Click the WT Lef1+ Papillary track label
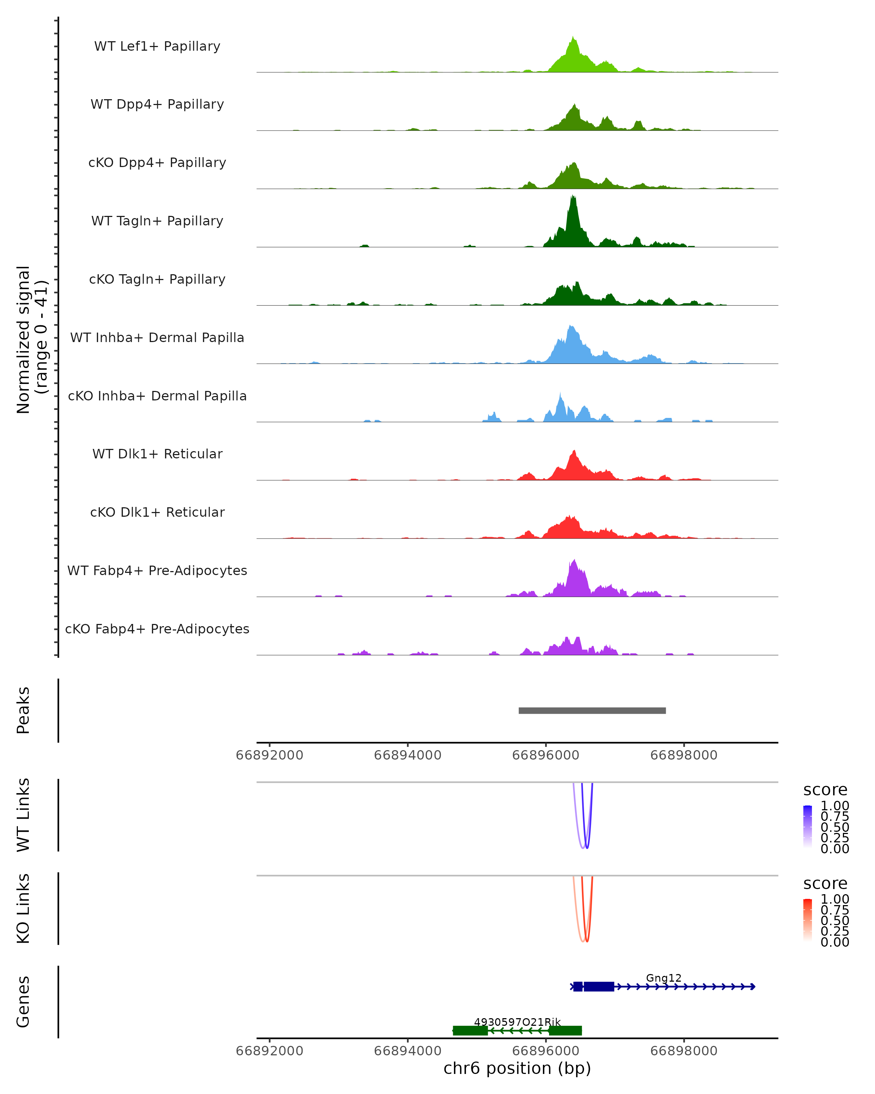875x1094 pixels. pos(157,46)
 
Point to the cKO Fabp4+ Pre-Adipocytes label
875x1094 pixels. pos(157,629)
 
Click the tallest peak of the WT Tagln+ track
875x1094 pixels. pos(573,197)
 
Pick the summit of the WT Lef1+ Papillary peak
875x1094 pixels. pos(573,38)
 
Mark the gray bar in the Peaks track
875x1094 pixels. pos(592,710)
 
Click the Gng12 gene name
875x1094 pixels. pos(664,978)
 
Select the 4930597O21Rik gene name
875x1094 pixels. pos(517,1022)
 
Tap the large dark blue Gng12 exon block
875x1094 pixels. pos(599,986)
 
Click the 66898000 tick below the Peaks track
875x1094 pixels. pos(684,755)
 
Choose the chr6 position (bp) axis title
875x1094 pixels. pos(517,1068)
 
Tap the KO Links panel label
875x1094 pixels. pos(23,908)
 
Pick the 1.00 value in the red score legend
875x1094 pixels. pos(835,899)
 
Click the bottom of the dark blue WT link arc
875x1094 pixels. pos(587,847)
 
